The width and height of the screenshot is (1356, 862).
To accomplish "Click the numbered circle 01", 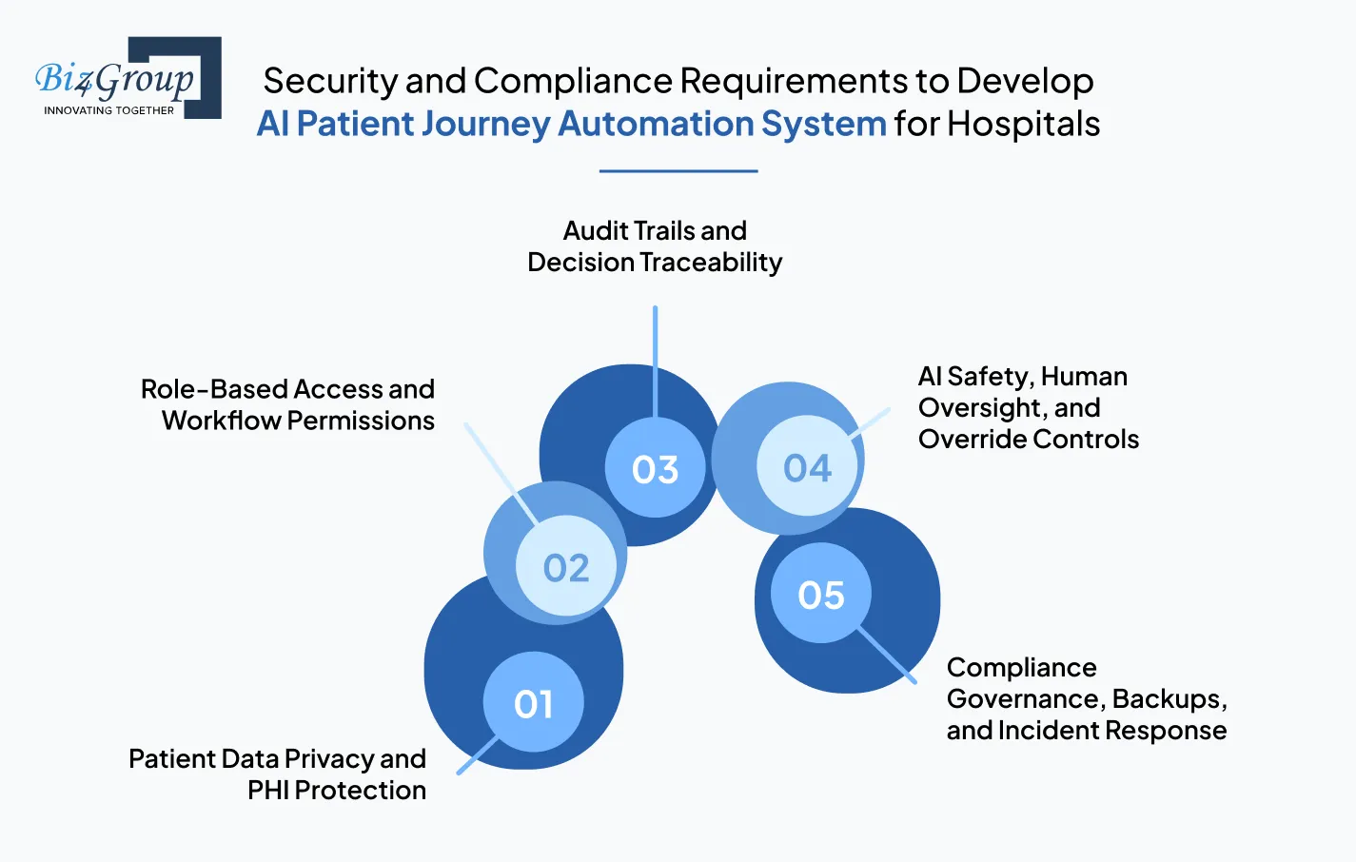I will point(533,702).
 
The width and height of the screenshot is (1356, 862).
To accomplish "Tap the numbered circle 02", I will point(566,567).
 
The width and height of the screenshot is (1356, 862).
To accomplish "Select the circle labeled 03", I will point(655,468).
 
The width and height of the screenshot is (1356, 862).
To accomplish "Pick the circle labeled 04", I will point(807,466).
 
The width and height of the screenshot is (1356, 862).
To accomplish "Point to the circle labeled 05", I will point(820,594).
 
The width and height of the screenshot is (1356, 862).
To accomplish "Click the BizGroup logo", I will point(128,78).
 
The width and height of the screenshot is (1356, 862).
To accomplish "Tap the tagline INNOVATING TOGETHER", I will point(108,110).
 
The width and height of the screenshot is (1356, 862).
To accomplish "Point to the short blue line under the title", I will point(678,171).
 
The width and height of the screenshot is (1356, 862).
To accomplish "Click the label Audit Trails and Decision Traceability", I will point(655,245).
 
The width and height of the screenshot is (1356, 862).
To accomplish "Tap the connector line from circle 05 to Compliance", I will point(887,655).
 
